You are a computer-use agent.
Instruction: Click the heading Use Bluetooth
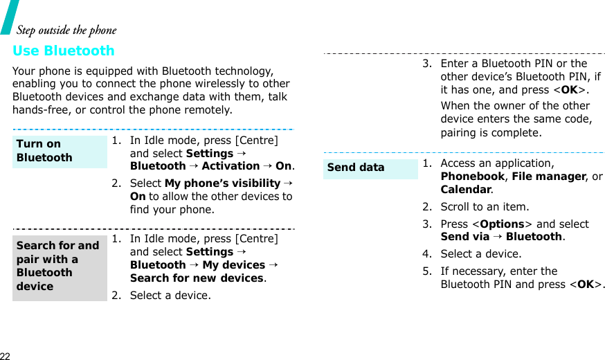click(64, 51)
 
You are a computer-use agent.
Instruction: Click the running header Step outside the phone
click(66, 30)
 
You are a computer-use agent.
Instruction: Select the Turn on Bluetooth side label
click(44, 151)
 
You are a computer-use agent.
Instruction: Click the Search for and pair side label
click(57, 266)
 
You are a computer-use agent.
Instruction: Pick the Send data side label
click(356, 168)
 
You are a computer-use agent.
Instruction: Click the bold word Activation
click(231, 166)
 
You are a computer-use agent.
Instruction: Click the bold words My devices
click(234, 265)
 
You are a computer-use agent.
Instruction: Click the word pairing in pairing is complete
click(461, 133)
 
